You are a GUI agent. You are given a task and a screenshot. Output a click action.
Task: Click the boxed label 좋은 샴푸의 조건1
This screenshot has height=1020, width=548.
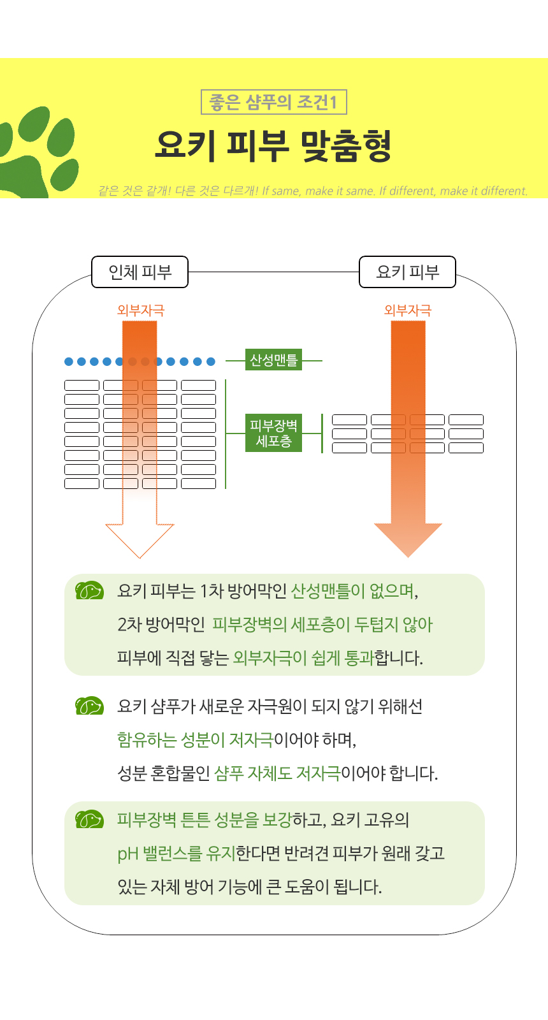click(x=273, y=102)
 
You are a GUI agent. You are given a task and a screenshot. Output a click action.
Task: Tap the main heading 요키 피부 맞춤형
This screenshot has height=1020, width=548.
click(x=273, y=146)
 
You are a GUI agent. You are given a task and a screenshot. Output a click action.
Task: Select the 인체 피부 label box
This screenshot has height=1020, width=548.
click(x=140, y=272)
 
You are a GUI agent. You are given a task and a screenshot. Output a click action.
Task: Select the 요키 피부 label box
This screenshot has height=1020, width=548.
click(x=408, y=272)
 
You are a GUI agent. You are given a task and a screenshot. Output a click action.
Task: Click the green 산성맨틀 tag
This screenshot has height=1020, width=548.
click(x=274, y=360)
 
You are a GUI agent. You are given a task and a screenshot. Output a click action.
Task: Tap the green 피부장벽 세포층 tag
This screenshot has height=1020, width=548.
click(x=274, y=433)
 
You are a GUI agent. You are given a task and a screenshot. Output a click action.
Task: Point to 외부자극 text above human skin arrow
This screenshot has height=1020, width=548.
click(x=141, y=310)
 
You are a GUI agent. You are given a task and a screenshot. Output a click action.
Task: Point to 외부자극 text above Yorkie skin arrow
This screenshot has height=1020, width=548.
click(x=408, y=310)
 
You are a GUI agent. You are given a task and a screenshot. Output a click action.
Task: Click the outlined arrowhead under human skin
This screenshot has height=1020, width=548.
click(x=140, y=539)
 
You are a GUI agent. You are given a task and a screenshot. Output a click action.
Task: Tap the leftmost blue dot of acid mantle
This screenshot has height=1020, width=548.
click(x=69, y=361)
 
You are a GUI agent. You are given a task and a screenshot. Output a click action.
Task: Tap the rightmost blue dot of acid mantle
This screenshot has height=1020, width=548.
click(x=211, y=361)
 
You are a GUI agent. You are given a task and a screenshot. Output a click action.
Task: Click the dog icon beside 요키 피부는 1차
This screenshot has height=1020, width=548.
click(x=89, y=591)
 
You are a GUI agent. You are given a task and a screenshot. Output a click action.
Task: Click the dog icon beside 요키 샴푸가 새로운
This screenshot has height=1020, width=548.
click(x=89, y=706)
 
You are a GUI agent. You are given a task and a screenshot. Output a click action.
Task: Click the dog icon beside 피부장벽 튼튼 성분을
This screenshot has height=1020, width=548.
click(x=89, y=819)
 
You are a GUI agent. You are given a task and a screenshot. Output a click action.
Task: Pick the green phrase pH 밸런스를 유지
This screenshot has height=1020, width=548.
click(x=177, y=853)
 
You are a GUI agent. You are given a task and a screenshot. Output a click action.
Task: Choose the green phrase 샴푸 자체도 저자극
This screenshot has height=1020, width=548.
click(x=277, y=773)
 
